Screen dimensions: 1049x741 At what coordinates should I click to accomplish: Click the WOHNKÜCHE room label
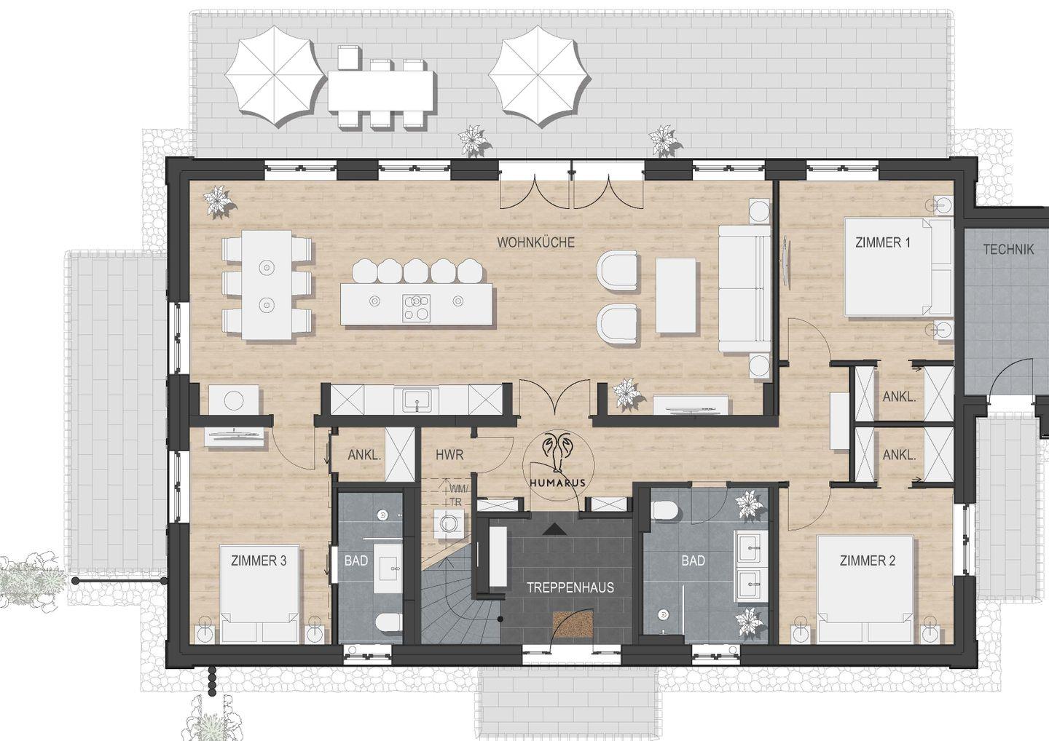click(x=535, y=242)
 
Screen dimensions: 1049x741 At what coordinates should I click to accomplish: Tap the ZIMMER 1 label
click(x=883, y=242)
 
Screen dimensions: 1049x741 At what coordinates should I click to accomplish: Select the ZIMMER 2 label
click(x=868, y=560)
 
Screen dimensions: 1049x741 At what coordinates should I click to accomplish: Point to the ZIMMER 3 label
click(x=259, y=560)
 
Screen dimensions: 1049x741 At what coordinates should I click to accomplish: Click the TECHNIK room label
click(x=1008, y=250)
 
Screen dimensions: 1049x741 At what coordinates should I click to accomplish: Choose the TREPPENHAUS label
click(x=570, y=587)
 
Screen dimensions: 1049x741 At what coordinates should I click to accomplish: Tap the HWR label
click(x=449, y=455)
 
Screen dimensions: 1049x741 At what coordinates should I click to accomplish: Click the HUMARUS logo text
click(x=558, y=483)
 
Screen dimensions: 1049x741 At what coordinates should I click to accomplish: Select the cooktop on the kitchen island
click(x=416, y=307)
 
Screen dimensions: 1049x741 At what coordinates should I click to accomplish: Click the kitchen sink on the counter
click(x=417, y=400)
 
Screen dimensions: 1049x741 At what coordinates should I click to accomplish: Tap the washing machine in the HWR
click(x=449, y=523)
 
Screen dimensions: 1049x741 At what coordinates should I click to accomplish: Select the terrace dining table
click(x=381, y=90)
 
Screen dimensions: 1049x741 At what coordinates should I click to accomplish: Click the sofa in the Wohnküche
click(x=744, y=289)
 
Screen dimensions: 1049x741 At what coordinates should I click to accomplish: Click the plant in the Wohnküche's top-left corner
click(x=218, y=202)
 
